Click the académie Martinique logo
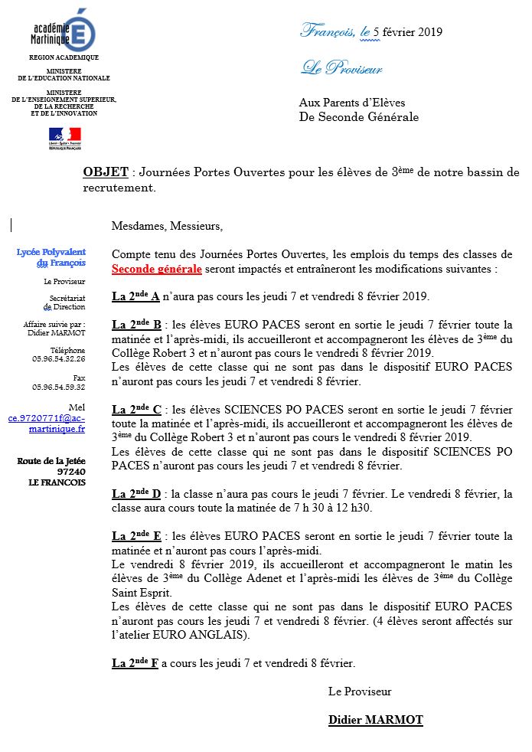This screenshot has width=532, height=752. [64, 31]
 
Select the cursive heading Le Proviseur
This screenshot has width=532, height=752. [341, 69]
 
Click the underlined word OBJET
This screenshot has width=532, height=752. [105, 172]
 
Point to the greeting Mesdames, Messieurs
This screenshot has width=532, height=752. [167, 226]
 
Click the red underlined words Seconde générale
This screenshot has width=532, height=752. [157, 270]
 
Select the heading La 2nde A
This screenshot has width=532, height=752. [135, 296]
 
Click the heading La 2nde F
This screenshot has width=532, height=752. [135, 663]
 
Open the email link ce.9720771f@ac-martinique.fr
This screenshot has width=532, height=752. [47, 424]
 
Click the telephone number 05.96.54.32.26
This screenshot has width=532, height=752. [59, 358]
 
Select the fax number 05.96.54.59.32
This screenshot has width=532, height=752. [59, 387]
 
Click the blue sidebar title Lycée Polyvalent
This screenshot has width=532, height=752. [51, 252]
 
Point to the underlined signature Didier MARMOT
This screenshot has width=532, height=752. [375, 720]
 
